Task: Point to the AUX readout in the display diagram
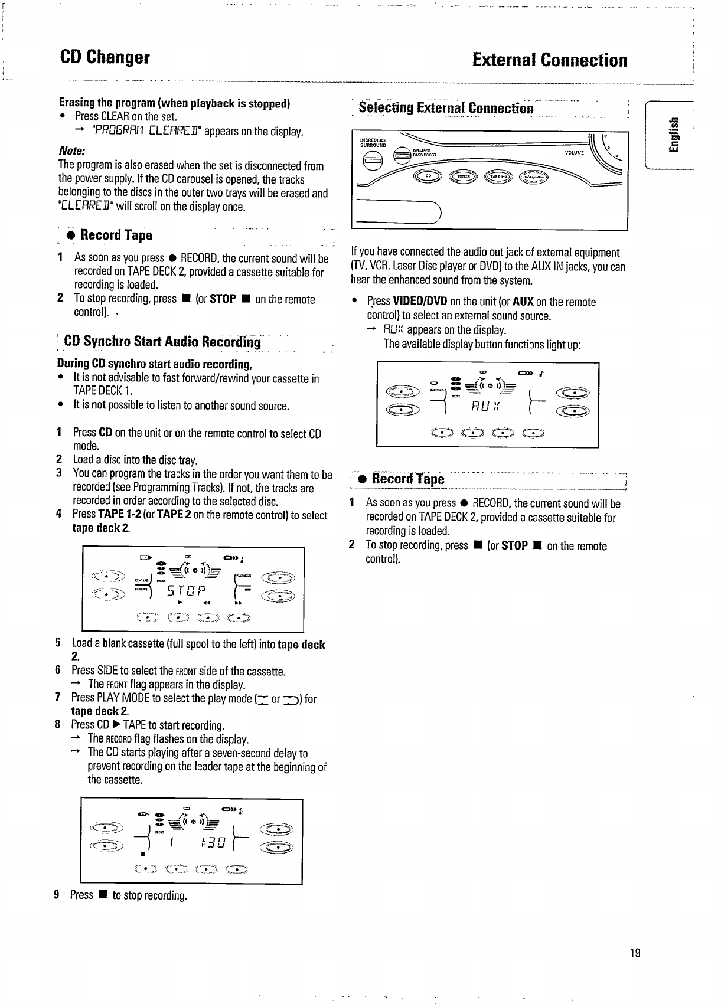(x=486, y=407)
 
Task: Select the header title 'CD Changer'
(x=105, y=58)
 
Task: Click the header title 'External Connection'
(x=550, y=60)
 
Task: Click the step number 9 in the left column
(x=57, y=895)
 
